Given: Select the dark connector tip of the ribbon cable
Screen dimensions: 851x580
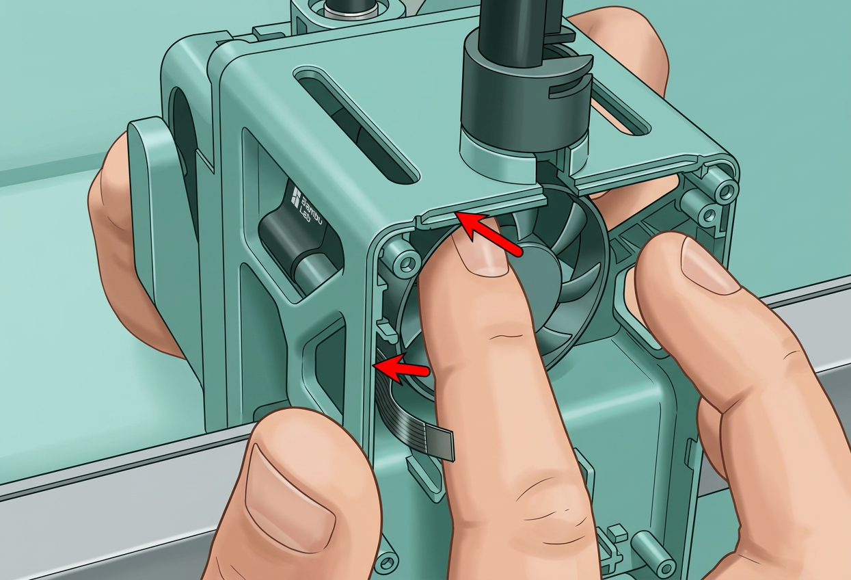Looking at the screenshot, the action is pos(444,443).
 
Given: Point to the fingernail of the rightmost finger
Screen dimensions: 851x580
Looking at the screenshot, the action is pos(710,261).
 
